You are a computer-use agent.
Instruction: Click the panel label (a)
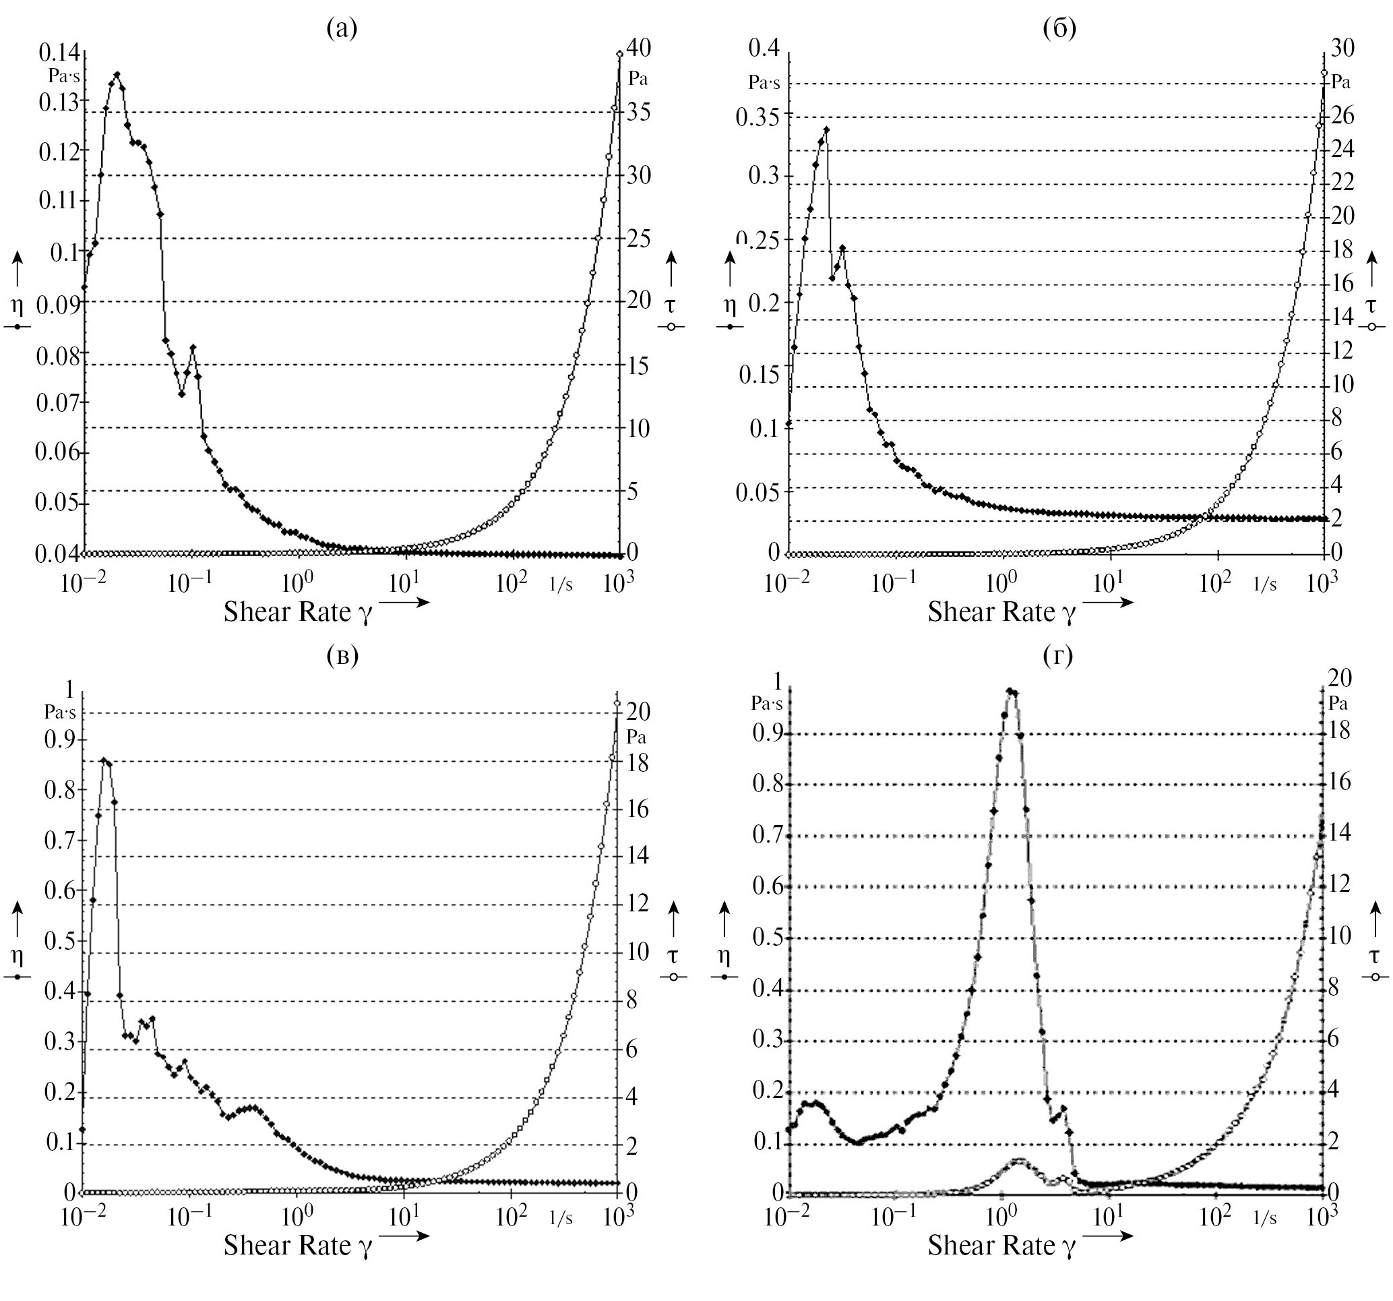[342, 29]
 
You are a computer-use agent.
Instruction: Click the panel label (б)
[1059, 29]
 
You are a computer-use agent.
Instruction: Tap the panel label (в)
[342, 655]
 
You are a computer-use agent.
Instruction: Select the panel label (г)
[1058, 655]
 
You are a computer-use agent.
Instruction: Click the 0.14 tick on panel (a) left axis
[60, 52]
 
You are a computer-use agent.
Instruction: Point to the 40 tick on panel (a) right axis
[638, 48]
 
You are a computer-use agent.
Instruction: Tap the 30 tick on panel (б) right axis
[1342, 48]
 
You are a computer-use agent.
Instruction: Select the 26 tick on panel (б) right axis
[1342, 116]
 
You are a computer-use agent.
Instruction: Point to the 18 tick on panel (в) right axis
[637, 762]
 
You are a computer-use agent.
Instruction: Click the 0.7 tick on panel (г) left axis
[768, 835]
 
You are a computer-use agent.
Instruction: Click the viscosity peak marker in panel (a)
[117, 74]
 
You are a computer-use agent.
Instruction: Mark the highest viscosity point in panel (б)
[826, 129]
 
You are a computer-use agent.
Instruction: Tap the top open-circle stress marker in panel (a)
[619, 53]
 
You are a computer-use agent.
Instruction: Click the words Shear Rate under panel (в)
[286, 1245]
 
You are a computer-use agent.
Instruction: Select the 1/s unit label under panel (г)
[1265, 1218]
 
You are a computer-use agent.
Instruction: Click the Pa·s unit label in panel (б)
[764, 83]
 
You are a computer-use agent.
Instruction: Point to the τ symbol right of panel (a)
[671, 305]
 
